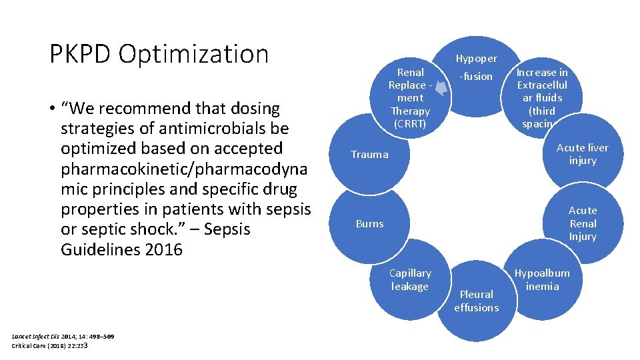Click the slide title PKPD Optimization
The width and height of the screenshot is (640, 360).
pos(159,54)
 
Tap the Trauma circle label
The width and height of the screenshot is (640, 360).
pos(369,155)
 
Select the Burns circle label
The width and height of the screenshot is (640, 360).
pos(369,224)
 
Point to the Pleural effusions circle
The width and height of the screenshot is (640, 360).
pos(476,301)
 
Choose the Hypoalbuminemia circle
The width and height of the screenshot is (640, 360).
pos(542,280)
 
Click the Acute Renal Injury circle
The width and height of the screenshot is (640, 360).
pos(582,224)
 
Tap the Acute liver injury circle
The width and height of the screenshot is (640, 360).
pos(582,154)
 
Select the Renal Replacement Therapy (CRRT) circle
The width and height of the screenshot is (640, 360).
pos(410,98)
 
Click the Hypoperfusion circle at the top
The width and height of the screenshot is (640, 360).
pos(476,67)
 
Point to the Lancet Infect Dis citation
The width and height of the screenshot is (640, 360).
pos(63,337)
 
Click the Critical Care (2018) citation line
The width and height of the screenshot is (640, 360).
pos(50,345)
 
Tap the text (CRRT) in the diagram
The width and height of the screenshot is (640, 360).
pos(410,124)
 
